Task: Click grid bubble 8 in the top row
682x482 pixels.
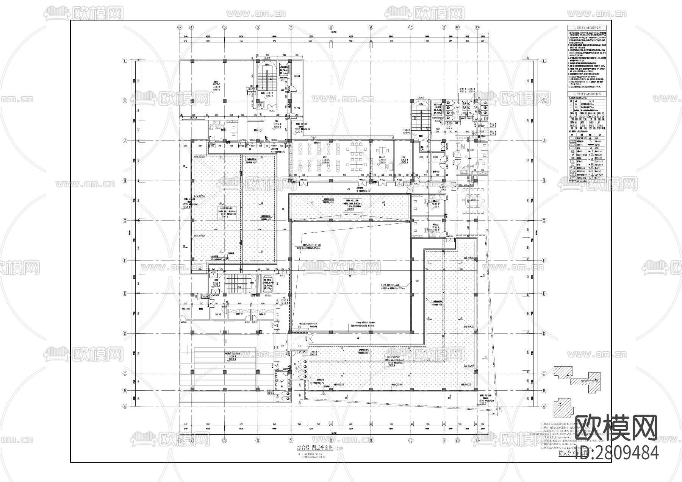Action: tap(331, 27)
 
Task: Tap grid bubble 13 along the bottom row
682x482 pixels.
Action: tap(477, 440)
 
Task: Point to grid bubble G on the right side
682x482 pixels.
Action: tap(544, 220)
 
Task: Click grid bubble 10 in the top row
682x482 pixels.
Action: tap(410, 27)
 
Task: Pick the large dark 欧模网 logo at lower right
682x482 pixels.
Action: tap(616, 427)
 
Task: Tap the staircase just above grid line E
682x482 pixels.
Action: tap(235, 284)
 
